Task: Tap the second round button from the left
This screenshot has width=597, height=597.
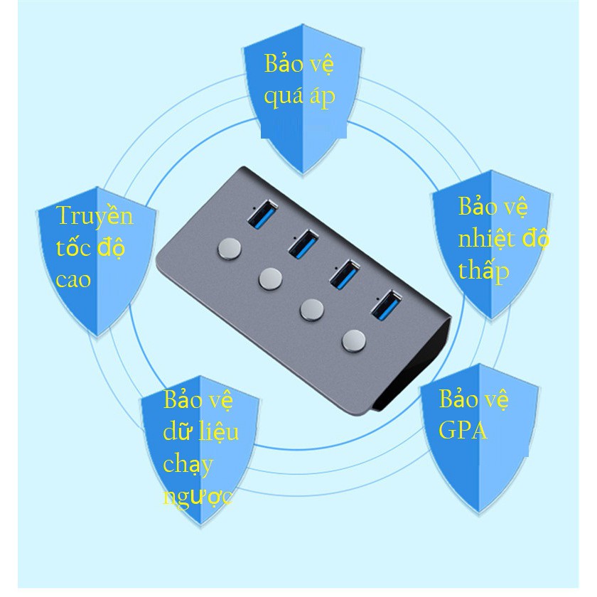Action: pos(270,278)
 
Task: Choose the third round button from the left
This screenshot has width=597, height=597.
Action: pos(311,308)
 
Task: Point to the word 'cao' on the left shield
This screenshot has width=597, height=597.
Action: pos(74,279)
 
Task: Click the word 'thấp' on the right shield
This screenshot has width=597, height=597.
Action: pos(483,271)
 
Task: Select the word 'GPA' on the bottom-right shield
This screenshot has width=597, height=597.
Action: pos(463,430)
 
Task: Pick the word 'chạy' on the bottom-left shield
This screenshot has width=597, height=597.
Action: pos(188,464)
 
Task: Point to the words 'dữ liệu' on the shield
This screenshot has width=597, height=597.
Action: pos(200,431)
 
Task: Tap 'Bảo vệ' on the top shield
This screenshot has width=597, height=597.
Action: pos(298,64)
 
